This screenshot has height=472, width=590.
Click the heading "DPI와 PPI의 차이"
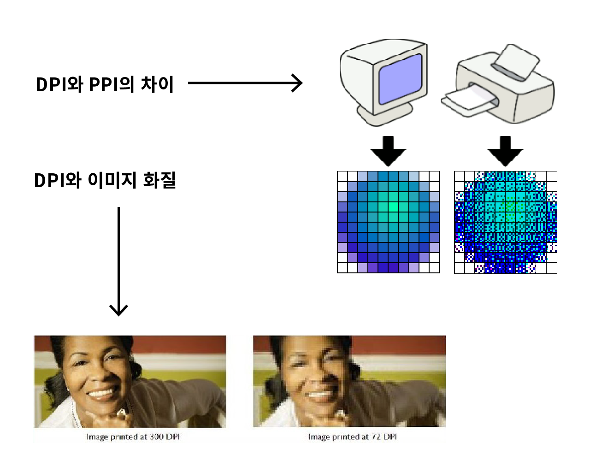click(105, 84)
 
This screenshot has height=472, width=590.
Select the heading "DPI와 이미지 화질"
click(105, 180)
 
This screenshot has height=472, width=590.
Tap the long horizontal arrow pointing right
click(245, 83)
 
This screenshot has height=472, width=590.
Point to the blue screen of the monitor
click(400, 78)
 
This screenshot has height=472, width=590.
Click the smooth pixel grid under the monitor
click(388, 222)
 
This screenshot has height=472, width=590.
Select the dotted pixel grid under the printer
click(505, 222)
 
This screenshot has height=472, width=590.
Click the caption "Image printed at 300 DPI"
click(133, 437)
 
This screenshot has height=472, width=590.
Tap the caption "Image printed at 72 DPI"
click(353, 437)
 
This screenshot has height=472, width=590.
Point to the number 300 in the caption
click(156, 437)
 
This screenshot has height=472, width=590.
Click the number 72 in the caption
click(376, 437)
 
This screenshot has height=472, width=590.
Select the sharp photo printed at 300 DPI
click(130, 382)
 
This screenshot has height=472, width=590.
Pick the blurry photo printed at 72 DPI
click(349, 381)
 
